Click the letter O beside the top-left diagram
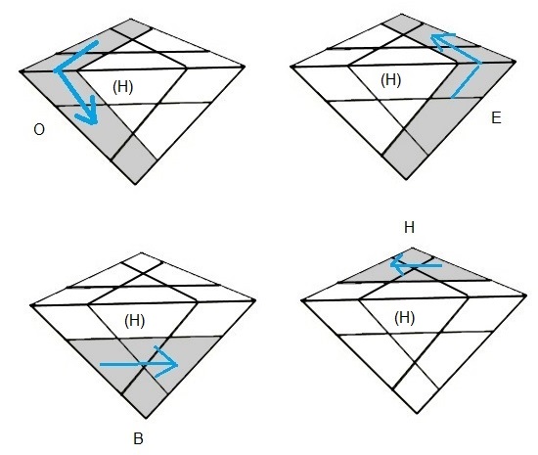pyautogui.click(x=39, y=130)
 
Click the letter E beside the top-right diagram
pyautogui.click(x=496, y=117)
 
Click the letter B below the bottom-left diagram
pyautogui.click(x=138, y=438)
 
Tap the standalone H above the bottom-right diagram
pyautogui.click(x=409, y=227)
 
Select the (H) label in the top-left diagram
pyautogui.click(x=123, y=87)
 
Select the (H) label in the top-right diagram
pyautogui.click(x=391, y=80)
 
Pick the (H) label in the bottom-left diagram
pyautogui.click(x=135, y=321)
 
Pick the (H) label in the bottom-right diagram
pyautogui.click(x=405, y=318)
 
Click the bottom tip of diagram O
pyautogui.click(x=136, y=184)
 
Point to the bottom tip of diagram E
pyautogui.click(x=407, y=179)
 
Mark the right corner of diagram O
pyautogui.click(x=245, y=66)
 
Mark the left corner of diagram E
pyautogui.click(x=291, y=67)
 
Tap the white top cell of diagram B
pyautogui.click(x=142, y=262)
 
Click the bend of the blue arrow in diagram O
pyautogui.click(x=56, y=71)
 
